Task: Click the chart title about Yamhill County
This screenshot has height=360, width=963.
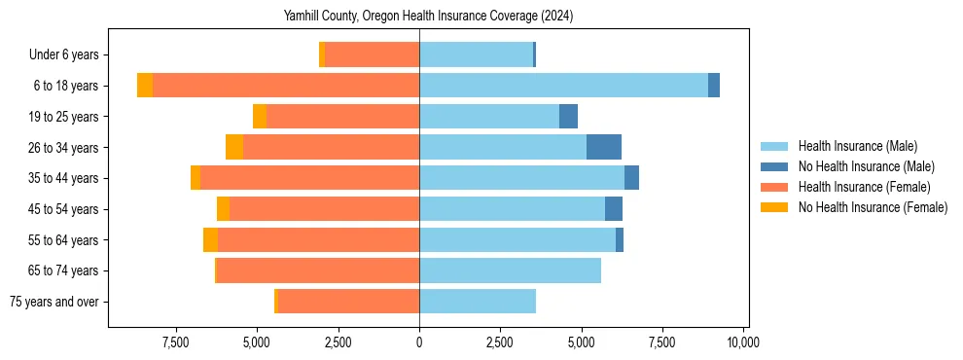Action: coord(428,17)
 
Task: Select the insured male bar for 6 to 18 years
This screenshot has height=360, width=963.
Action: coord(563,86)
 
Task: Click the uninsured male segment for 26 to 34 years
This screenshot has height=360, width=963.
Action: coord(603,147)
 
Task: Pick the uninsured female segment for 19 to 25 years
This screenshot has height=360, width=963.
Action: coord(260,117)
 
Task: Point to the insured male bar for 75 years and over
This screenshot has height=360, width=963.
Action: coord(478,302)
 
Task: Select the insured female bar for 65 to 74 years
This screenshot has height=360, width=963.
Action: coord(318,270)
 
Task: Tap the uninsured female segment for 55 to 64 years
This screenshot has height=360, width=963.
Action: coord(210,240)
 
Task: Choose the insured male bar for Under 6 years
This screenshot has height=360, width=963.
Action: coord(476,54)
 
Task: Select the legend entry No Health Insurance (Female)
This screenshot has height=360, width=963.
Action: coord(873,207)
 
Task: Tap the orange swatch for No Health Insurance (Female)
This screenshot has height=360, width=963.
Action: coord(775,207)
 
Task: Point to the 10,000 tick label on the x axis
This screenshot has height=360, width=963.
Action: coord(743,342)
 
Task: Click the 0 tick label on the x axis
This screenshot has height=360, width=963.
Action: coord(419,342)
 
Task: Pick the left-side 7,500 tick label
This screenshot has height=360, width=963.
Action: coord(176,342)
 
